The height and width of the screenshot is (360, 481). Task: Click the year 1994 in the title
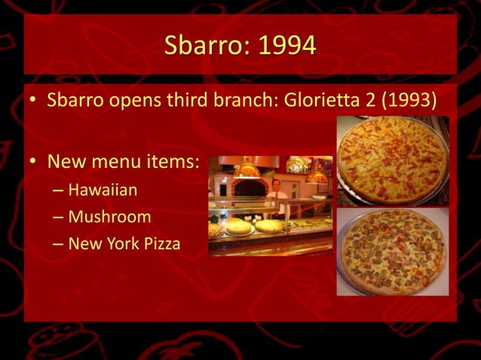pos(287,46)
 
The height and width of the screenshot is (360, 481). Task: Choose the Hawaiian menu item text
pos(103,190)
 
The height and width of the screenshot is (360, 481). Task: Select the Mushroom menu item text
pos(109,217)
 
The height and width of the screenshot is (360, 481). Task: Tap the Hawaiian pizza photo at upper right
pos(392,160)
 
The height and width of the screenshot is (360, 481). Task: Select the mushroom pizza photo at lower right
pos(392,252)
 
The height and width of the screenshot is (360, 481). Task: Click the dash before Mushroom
pos(58,218)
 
